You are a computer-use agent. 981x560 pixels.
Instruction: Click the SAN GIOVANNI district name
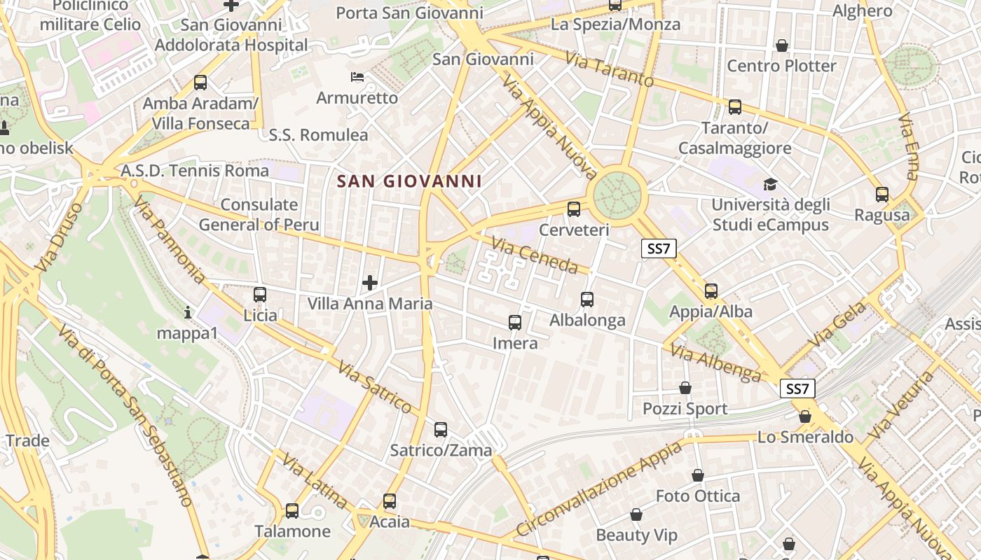coord(409,181)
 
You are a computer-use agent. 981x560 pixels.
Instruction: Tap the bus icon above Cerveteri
coord(574,209)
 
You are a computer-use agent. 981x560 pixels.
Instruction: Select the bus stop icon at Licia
coord(260,295)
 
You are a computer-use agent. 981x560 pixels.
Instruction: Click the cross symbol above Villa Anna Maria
coord(370,283)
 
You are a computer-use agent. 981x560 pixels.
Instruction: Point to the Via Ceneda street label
coord(535,255)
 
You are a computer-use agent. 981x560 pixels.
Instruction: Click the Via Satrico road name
coord(375,386)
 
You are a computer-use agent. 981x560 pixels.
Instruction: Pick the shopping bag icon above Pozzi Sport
coord(685,388)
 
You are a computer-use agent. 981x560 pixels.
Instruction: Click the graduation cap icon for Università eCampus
coord(771,184)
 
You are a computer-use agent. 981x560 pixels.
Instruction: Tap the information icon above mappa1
coord(187,312)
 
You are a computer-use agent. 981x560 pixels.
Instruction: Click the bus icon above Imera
coord(515,323)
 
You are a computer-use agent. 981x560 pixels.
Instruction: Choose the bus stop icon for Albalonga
coord(587,300)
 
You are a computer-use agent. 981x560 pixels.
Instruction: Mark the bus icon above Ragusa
coord(882,195)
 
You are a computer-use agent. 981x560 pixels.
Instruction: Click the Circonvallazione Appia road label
coord(598,489)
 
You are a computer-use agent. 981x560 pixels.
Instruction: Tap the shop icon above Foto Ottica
coord(698,475)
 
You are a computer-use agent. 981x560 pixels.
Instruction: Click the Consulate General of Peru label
coord(259,215)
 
